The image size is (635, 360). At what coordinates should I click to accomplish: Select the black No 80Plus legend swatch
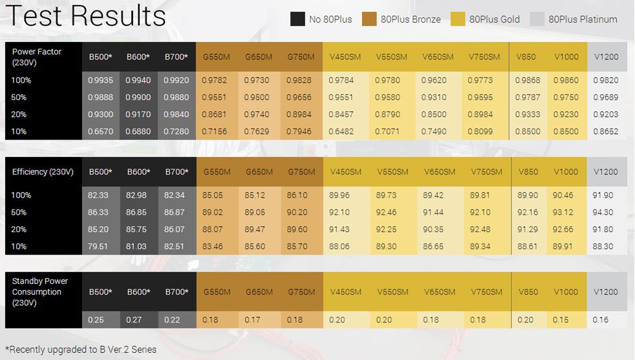(297, 19)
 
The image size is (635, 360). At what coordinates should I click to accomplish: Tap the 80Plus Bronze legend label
(411, 19)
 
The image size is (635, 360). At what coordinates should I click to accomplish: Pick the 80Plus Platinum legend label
(583, 19)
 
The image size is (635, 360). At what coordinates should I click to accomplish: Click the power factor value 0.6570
(100, 131)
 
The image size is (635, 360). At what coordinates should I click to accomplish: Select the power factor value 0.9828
(301, 81)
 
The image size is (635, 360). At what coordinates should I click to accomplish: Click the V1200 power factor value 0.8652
(605, 131)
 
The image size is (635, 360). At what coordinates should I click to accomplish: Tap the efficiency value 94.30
(603, 212)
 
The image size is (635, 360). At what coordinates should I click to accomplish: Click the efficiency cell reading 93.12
(565, 212)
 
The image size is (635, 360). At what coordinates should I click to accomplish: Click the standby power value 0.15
(561, 319)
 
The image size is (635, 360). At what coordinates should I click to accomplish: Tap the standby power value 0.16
(600, 319)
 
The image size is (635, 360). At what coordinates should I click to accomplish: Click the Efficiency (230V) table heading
(43, 172)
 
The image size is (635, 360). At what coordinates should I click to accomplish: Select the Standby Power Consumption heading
(40, 291)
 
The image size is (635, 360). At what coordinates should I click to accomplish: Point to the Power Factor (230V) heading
(37, 57)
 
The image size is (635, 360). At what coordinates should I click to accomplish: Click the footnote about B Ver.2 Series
(81, 350)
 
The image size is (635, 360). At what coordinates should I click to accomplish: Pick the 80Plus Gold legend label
(495, 19)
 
